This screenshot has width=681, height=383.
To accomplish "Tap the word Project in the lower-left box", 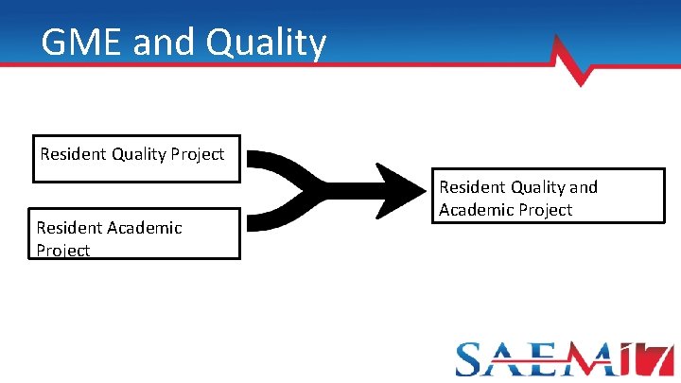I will pos(62,251).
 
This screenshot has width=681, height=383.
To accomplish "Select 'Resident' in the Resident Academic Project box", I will pos(68,227).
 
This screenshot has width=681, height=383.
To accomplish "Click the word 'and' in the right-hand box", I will pos(584,187).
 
